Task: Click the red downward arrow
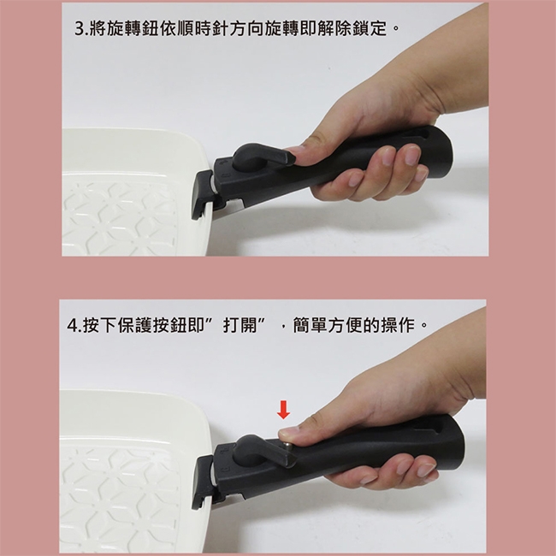[x=283, y=410]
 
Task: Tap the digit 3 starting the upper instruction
[x=79, y=29]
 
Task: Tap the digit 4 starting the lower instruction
[x=72, y=326]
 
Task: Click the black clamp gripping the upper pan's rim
[x=203, y=194]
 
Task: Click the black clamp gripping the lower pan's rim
[x=203, y=483]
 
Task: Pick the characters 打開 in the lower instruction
[x=240, y=326]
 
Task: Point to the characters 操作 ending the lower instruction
[x=398, y=326]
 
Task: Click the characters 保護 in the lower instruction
[x=135, y=326]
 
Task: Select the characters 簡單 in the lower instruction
[x=311, y=326]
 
